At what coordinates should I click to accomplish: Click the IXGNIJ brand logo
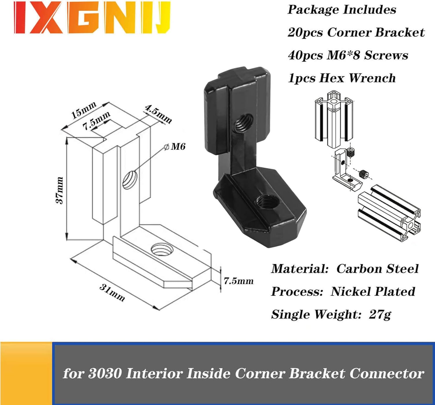click(92, 17)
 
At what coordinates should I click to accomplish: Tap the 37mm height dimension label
click(60, 190)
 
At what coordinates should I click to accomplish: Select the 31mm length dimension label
click(112, 293)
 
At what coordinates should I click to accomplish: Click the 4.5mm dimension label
click(158, 114)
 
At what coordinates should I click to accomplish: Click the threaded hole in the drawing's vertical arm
click(130, 180)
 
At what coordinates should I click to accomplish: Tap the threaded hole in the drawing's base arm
click(162, 249)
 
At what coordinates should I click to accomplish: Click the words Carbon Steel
click(377, 269)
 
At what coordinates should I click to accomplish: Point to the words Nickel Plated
click(373, 292)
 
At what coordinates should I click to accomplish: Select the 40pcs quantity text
click(305, 55)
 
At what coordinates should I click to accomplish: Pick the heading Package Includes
click(342, 10)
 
